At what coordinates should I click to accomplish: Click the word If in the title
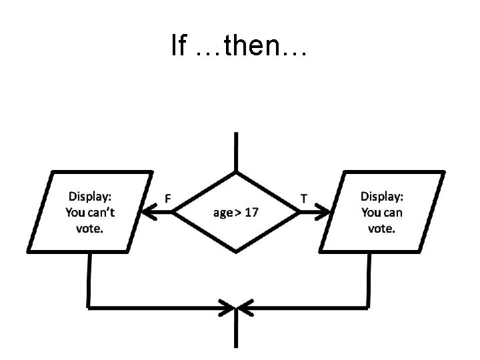click(178, 45)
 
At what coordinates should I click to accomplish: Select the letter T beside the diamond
click(305, 199)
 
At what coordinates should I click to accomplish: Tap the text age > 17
click(236, 213)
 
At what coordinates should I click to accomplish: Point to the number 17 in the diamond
click(251, 213)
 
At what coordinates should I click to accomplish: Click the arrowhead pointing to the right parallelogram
click(323, 213)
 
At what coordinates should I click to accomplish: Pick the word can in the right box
click(392, 213)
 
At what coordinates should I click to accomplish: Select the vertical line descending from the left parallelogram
click(89, 280)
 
